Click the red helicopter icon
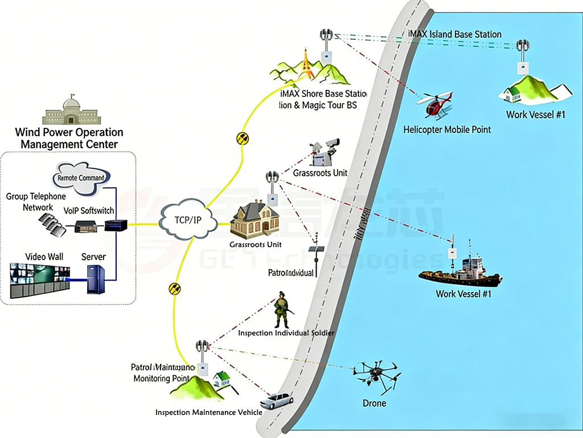[x=436, y=105]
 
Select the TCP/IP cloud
[x=188, y=220]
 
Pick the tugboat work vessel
[x=461, y=272]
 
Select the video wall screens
[x=40, y=280]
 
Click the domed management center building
[x=72, y=111]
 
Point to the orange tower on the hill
[x=308, y=63]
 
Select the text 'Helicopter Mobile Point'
[x=447, y=129]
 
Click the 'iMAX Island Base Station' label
[x=455, y=34]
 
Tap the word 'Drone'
[x=374, y=403]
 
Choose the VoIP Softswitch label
[x=88, y=210]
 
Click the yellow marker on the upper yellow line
[x=243, y=138]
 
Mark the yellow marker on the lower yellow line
[x=175, y=288]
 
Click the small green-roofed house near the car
[x=221, y=378]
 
